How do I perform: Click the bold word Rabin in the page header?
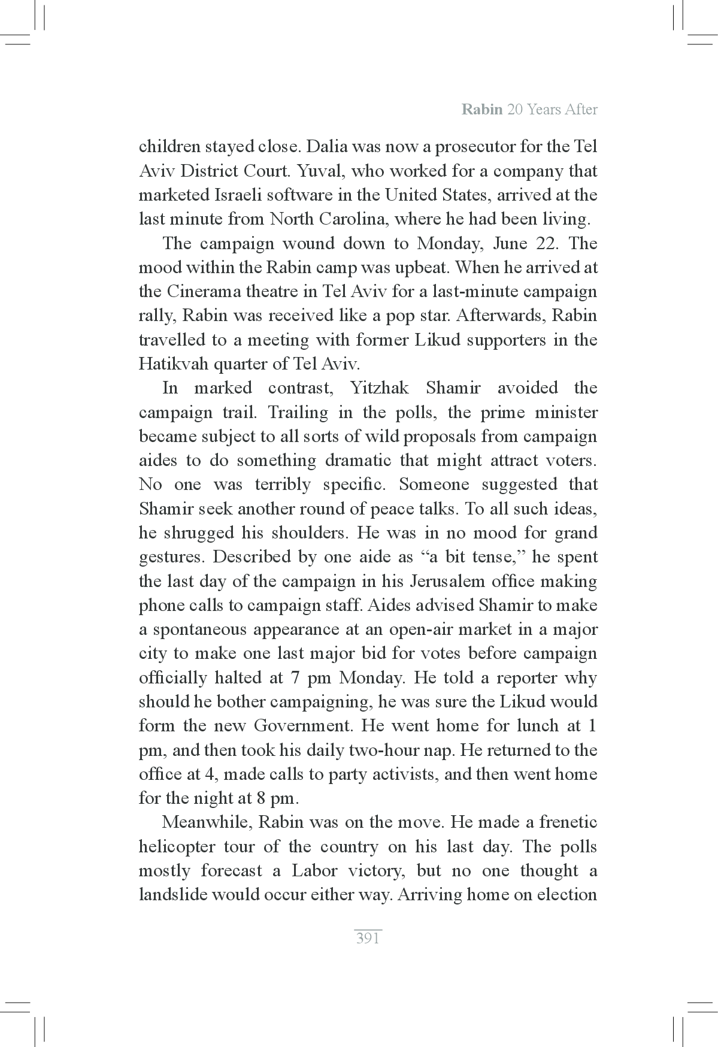coord(481,110)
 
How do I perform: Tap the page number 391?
coord(368,938)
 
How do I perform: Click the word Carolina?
coord(355,219)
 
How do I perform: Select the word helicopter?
coord(177,846)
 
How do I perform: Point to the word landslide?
coord(172,895)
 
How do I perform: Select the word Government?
coord(305,725)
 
